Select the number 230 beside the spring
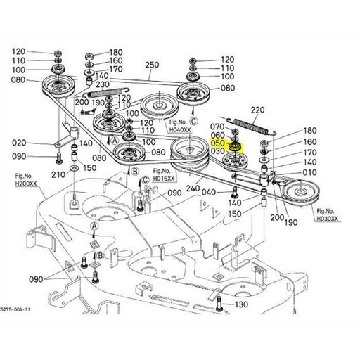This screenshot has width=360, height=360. [x=103, y=84]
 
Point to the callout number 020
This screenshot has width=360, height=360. [x=20, y=142]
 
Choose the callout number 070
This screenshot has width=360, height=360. [x=218, y=126]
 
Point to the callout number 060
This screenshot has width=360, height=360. [x=218, y=134]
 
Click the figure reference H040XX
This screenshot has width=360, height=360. [x=182, y=129]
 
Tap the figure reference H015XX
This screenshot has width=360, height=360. [x=162, y=179]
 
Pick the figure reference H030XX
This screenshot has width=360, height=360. [x=328, y=219]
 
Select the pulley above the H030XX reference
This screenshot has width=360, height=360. [x=303, y=189]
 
